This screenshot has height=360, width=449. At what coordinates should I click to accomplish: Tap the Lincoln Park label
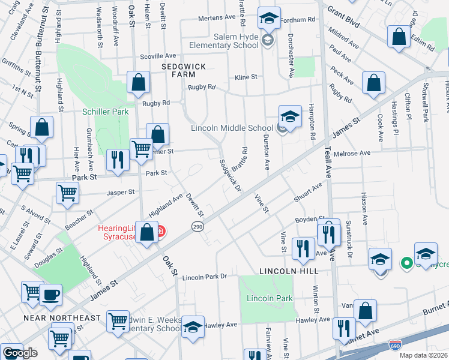[269, 298]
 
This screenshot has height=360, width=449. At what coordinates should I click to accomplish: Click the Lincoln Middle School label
[232, 128]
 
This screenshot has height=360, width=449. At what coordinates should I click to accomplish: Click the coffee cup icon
[50, 295]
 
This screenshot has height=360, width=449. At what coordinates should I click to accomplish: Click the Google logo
[20, 353]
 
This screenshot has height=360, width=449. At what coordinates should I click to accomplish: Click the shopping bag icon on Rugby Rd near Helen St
[139, 84]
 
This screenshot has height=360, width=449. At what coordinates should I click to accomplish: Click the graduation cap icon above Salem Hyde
[268, 18]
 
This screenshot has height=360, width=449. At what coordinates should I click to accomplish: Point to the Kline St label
[246, 77]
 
